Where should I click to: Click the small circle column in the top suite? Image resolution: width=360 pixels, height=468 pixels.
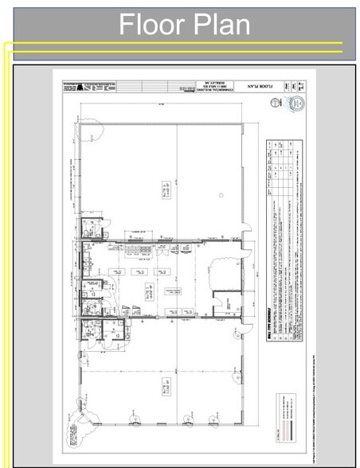pos(217,194)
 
